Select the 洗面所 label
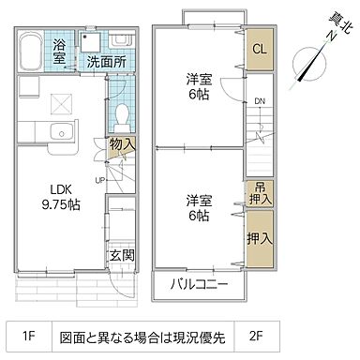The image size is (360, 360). [105, 62]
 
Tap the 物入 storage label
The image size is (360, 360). [122, 144]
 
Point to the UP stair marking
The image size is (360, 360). [99, 180]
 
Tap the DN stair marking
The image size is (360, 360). [257, 103]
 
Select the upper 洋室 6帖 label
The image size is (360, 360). [197, 88]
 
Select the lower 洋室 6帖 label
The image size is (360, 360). [197, 207]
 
